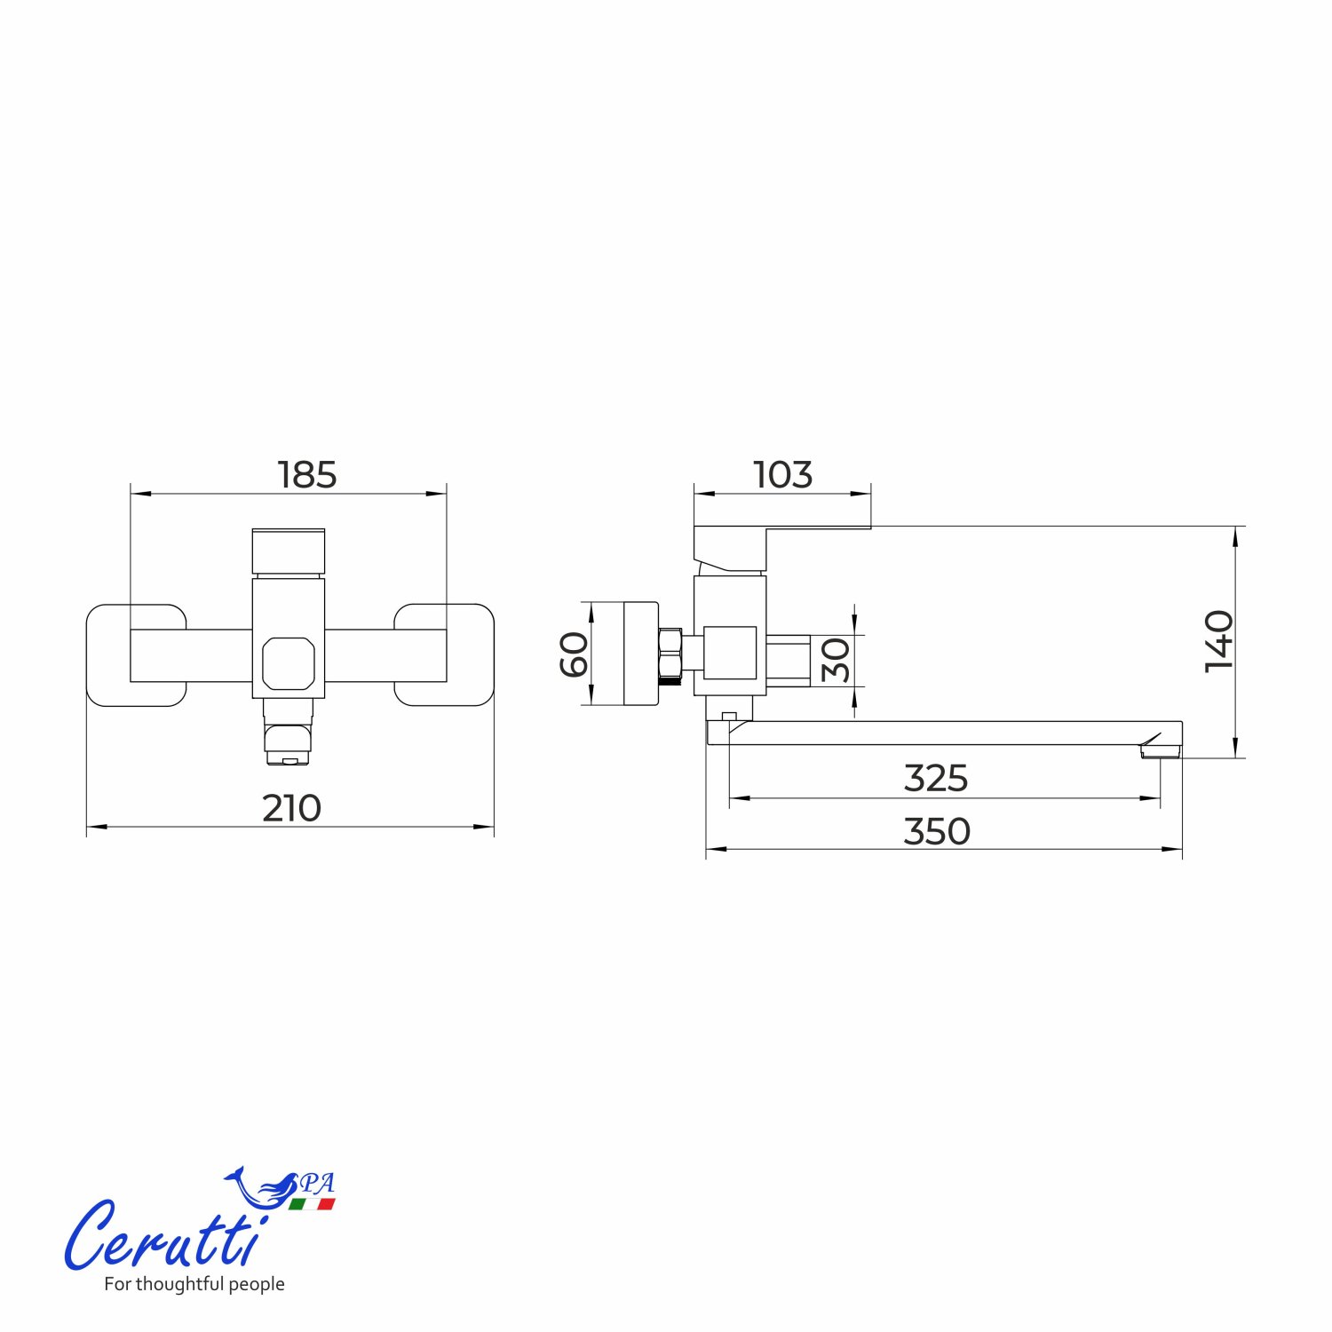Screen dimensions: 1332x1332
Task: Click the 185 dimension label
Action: pos(307,475)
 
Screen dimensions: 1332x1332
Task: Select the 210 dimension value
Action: pos(291,808)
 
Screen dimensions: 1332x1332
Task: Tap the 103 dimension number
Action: pos(782,475)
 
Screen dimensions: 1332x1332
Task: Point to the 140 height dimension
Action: pos(1219,641)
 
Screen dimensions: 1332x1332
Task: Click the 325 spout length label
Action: pos(936,779)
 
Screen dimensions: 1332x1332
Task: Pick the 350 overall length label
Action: pos(937,832)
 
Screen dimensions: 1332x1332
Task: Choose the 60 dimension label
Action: pos(575,654)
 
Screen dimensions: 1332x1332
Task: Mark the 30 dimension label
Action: pos(836,660)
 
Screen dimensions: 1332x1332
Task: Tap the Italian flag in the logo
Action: pos(312,1204)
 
